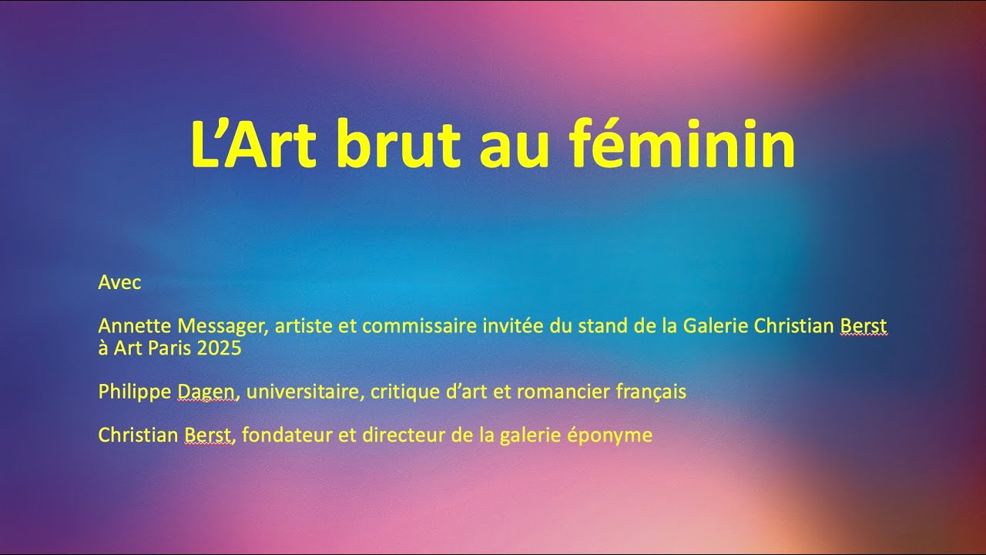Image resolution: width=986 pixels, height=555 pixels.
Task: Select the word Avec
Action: click(x=119, y=282)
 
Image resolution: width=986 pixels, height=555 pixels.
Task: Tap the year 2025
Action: click(x=219, y=348)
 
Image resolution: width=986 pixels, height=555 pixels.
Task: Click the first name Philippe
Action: click(x=135, y=392)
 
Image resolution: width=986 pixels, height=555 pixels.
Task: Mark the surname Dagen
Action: click(x=206, y=392)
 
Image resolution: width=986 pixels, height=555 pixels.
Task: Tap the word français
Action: click(x=651, y=392)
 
